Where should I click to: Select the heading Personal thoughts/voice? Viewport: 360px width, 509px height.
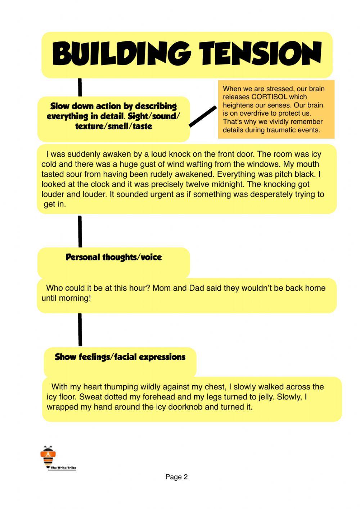(x=113, y=257)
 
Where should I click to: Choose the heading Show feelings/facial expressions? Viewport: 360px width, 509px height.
(x=120, y=357)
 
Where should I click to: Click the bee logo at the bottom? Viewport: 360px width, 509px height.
(x=47, y=456)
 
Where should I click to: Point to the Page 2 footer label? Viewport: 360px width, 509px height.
(x=176, y=477)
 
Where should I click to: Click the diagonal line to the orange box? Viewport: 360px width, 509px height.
(x=203, y=116)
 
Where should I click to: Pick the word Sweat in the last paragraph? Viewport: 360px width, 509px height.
(x=90, y=397)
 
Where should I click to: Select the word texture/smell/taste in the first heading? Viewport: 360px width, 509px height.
(x=113, y=126)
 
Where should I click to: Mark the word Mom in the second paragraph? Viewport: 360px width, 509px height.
(x=162, y=288)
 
